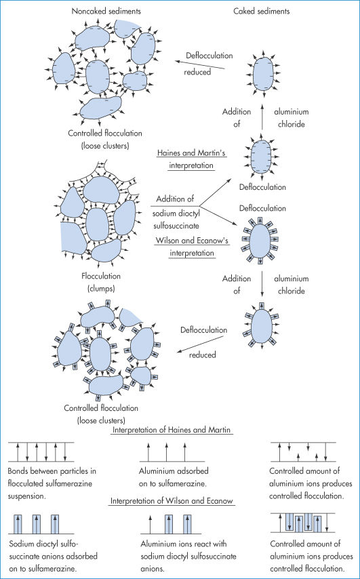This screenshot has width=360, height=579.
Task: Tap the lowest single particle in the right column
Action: tap(261, 326)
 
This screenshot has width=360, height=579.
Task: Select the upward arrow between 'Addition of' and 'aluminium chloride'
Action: tap(262, 115)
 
